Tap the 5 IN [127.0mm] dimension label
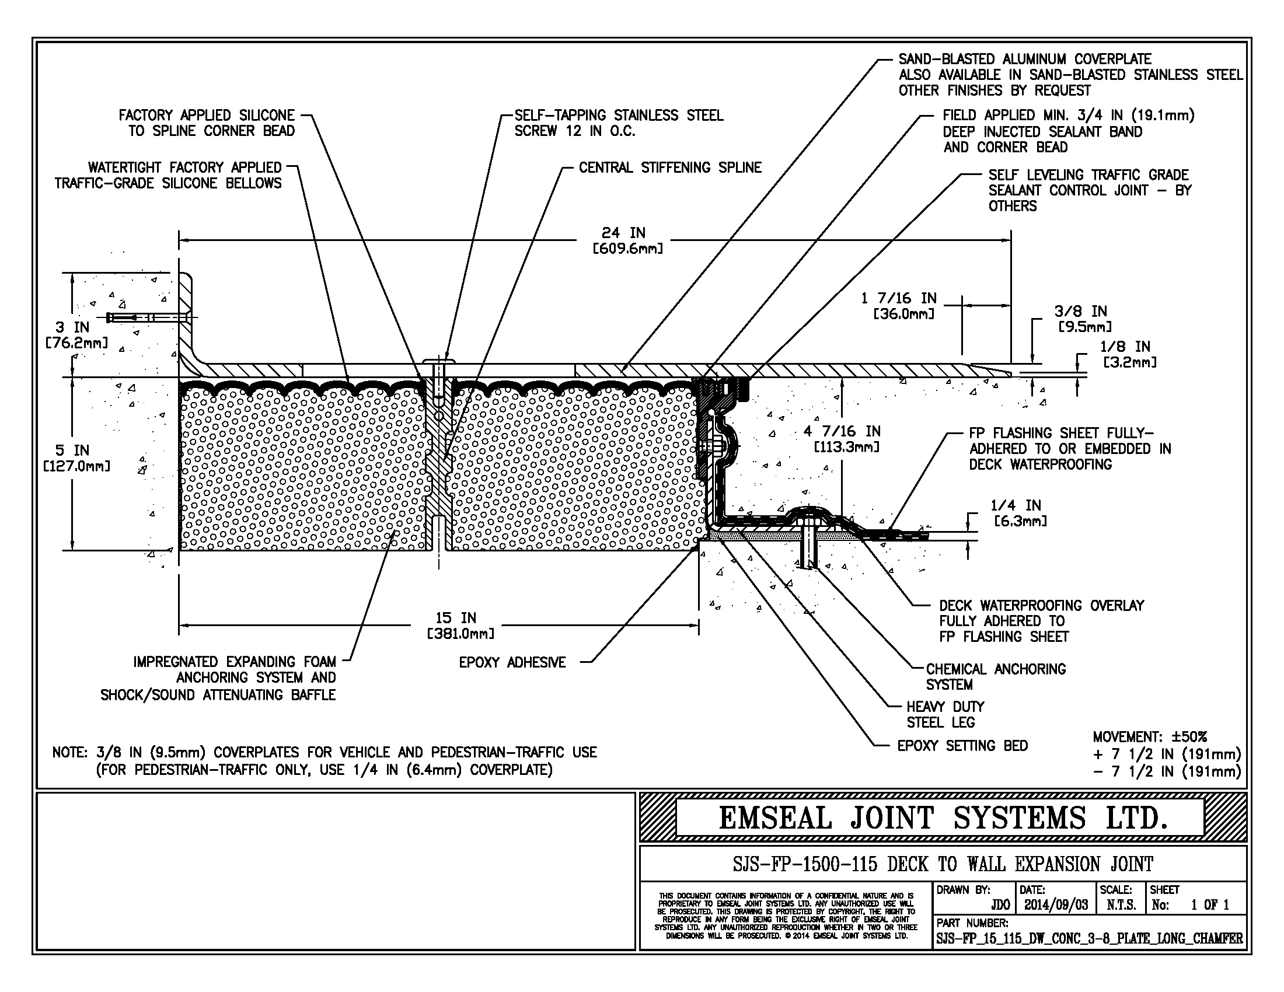pyautogui.click(x=76, y=458)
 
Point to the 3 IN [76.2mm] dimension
pyautogui.click(x=76, y=335)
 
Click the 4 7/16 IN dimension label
pyautogui.click(x=842, y=439)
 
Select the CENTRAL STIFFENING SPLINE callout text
pyautogui.click(x=669, y=168)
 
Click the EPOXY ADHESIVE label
pyautogui.click(x=512, y=662)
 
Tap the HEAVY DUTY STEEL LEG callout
pyautogui.click(x=945, y=714)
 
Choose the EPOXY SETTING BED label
pyautogui.click(x=962, y=746)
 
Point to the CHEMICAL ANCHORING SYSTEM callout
pyautogui.click(x=995, y=676)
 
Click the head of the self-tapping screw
pyautogui.click(x=438, y=360)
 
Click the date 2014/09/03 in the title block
pyautogui.click(x=1056, y=905)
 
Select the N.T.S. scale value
pyautogui.click(x=1121, y=905)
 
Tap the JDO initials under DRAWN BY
pyautogui.click(x=1000, y=905)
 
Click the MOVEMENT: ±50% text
pyautogui.click(x=1149, y=737)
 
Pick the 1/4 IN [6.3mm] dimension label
pyautogui.click(x=1019, y=512)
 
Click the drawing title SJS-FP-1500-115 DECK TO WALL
pyautogui.click(x=943, y=864)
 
